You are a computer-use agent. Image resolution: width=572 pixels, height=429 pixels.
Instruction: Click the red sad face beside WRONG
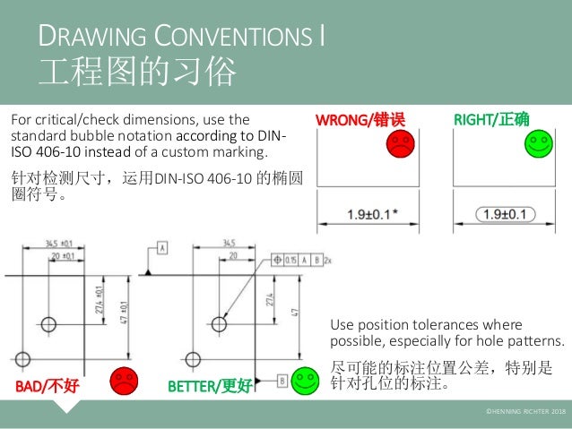point(401,142)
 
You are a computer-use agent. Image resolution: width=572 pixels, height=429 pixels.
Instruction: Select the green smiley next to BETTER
point(307,382)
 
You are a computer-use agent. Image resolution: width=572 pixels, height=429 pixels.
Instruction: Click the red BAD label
point(30,386)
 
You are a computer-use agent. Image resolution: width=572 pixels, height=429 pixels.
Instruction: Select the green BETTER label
point(192,386)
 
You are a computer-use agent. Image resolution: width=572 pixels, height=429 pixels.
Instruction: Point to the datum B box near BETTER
point(282,381)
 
